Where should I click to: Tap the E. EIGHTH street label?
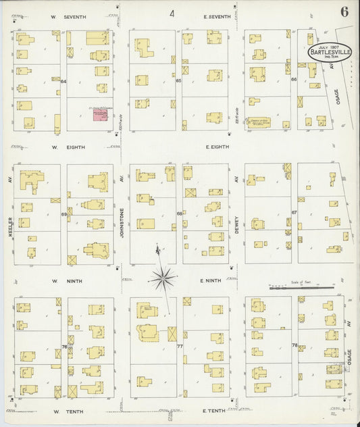pyautogui.click(x=216, y=146)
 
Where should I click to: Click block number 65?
pyautogui.click(x=179, y=81)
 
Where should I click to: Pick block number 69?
pyautogui.click(x=64, y=214)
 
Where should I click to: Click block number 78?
pyautogui.click(x=294, y=345)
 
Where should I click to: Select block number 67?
pyautogui.click(x=294, y=212)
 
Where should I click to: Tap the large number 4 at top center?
pyautogui.click(x=172, y=13)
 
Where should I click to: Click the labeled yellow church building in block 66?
pyautogui.click(x=260, y=123)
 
